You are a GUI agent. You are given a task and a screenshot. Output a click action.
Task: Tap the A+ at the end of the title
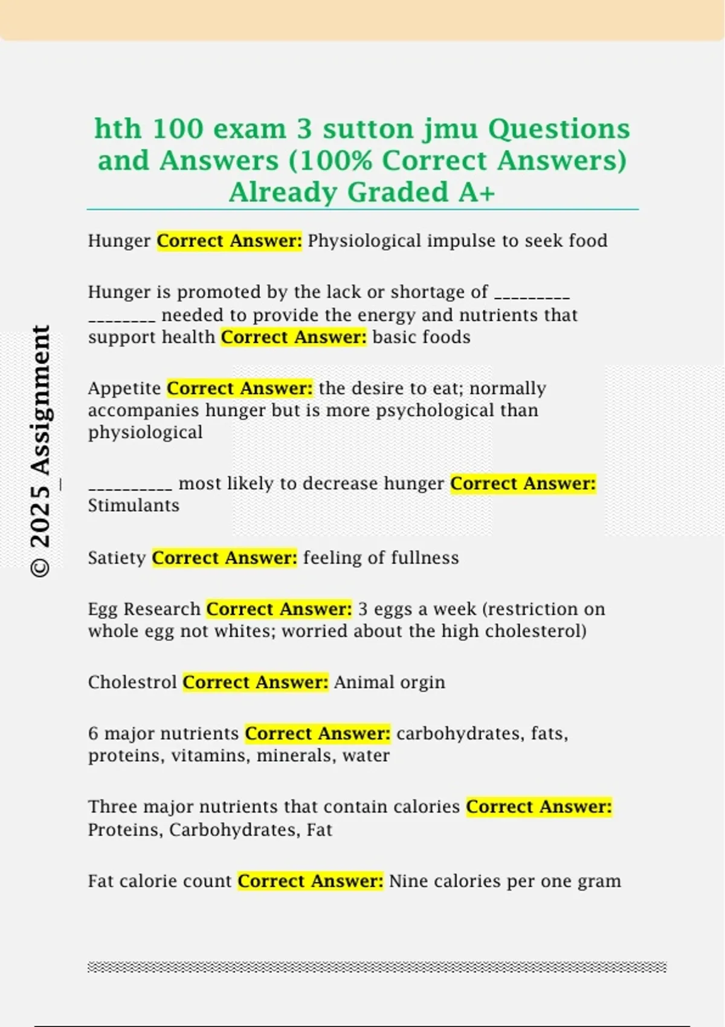(x=477, y=192)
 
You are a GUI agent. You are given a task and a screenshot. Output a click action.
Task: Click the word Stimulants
(x=134, y=506)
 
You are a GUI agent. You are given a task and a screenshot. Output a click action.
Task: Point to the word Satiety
(x=117, y=558)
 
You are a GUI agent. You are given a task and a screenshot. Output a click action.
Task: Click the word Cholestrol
(x=132, y=682)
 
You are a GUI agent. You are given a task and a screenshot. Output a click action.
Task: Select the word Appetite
(x=124, y=388)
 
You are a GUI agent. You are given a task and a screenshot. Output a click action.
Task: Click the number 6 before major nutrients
(x=93, y=733)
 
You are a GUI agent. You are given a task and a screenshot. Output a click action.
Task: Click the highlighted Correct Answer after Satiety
(x=224, y=558)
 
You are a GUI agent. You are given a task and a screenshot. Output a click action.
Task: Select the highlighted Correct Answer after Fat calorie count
(x=310, y=881)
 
